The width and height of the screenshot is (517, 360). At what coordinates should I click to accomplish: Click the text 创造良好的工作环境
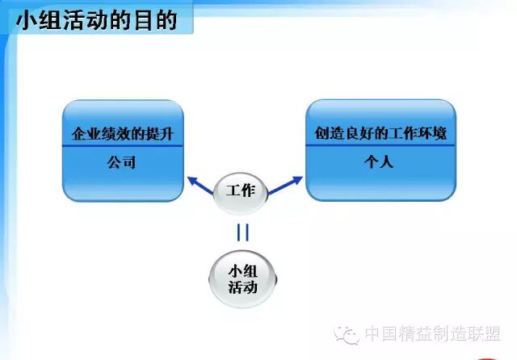[380, 133]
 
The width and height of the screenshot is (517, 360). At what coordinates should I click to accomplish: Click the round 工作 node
[241, 192]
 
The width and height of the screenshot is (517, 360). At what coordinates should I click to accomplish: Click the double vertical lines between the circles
[242, 232]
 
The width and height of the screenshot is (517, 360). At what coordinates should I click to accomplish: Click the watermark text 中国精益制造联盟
[432, 334]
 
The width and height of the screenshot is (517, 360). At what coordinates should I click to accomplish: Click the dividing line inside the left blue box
[123, 146]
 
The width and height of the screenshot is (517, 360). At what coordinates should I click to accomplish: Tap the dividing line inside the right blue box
[380, 146]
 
